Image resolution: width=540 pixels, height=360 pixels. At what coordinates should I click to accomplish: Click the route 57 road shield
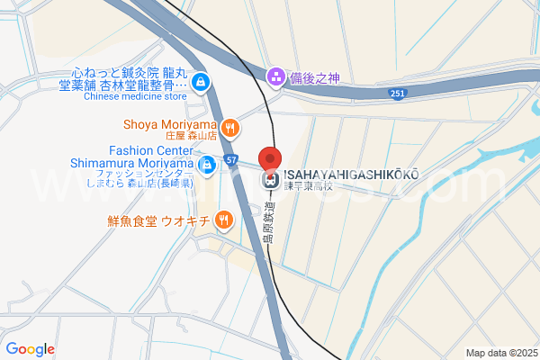(232, 160)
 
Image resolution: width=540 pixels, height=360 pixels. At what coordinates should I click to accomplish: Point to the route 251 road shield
(398, 93)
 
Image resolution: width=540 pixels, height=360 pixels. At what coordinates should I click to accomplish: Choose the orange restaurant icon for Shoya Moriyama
(230, 127)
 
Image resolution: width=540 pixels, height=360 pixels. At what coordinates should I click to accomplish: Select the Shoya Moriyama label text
(170, 124)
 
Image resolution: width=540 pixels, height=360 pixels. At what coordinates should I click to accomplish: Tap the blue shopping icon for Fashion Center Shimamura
(206, 165)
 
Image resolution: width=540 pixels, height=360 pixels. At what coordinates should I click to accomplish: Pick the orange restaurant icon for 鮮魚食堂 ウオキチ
(223, 219)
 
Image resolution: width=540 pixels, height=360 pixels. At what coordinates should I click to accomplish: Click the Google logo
(30, 349)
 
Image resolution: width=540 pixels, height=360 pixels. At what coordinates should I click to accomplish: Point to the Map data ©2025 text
(499, 353)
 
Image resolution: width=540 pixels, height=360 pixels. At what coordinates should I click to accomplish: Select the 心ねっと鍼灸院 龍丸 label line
(129, 72)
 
